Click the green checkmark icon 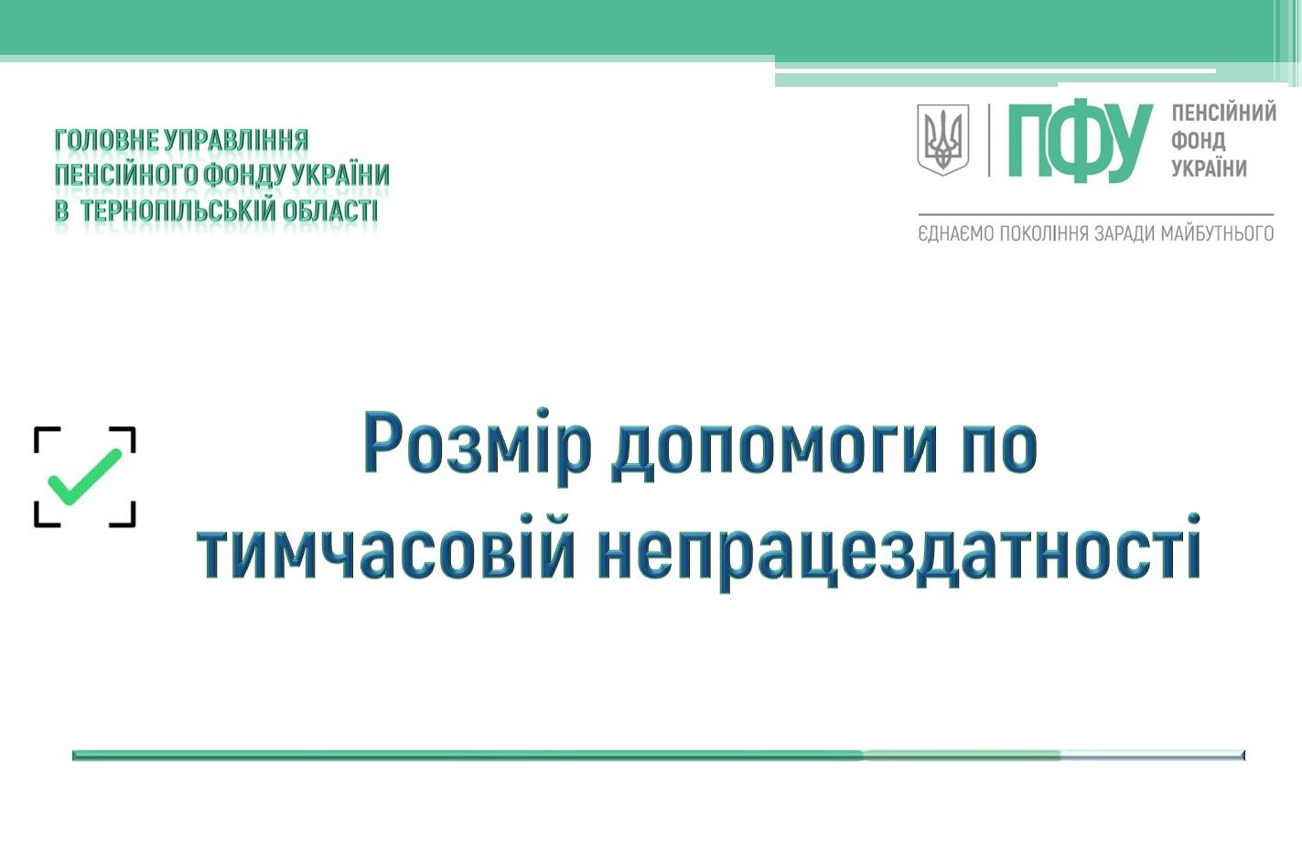point(85,477)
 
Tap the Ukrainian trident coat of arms point(942,140)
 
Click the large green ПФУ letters point(1080,143)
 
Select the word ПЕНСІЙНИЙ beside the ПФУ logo point(1223,113)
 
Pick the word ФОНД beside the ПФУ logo point(1198,140)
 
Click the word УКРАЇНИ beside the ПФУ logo point(1209,168)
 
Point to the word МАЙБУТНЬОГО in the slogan point(1217,233)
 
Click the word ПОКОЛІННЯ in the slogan point(1044,233)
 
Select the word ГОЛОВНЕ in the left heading point(107,140)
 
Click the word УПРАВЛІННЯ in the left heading point(237,140)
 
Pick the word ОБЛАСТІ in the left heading point(330,210)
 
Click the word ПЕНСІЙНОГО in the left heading point(126,175)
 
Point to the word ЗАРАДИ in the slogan point(1124,233)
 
